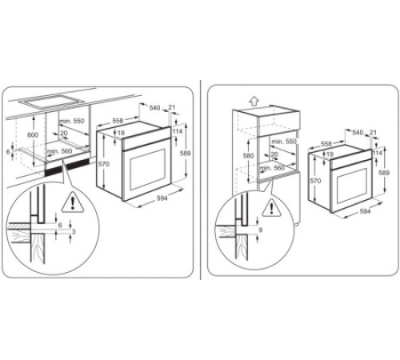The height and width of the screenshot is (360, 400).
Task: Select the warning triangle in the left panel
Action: (x=74, y=202)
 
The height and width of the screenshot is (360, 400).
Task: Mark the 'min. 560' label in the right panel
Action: (x=274, y=168)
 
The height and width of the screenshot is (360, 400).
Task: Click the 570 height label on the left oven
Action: (x=103, y=164)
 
